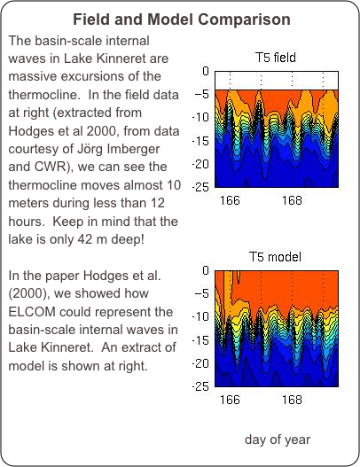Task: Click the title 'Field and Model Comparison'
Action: point(182,19)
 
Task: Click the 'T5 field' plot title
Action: point(276,58)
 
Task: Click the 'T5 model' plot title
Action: point(275,257)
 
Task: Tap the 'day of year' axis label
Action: point(278,440)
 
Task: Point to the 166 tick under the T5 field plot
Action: point(230,200)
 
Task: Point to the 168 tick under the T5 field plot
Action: point(292,200)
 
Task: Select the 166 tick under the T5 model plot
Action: point(230,400)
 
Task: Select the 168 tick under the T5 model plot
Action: point(292,400)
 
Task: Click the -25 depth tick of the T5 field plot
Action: point(201,187)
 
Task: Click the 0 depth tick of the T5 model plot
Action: point(206,270)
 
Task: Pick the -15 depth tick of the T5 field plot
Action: point(201,141)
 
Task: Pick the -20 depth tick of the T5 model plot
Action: point(201,363)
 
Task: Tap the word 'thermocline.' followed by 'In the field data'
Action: point(43,95)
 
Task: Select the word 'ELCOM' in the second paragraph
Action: point(32,312)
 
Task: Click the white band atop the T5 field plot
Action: point(277,81)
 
